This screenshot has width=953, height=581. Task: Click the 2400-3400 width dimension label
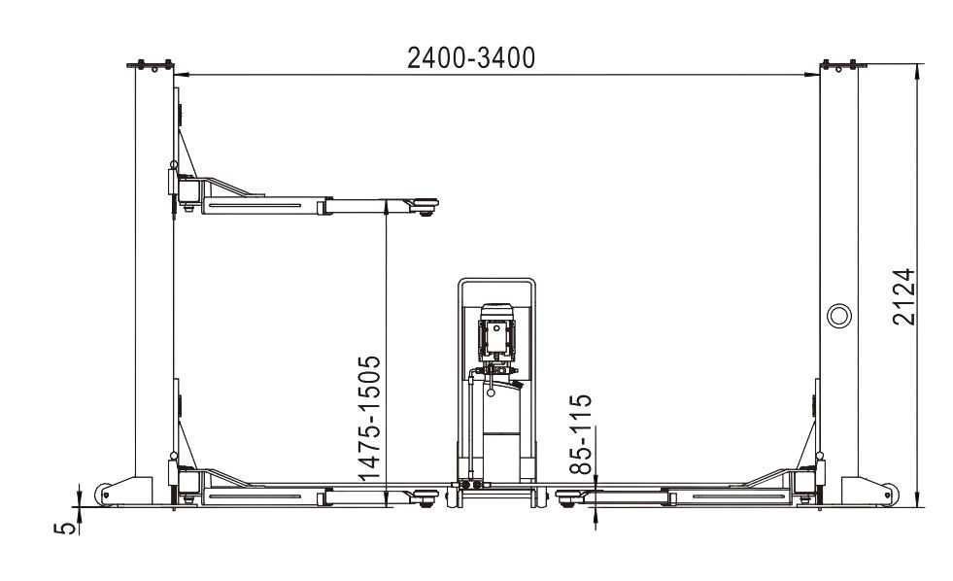(471, 57)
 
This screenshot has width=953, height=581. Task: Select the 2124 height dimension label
(903, 296)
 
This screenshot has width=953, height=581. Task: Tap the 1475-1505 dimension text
(369, 418)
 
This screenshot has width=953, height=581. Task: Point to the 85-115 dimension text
(581, 434)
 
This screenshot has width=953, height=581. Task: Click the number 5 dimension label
(67, 528)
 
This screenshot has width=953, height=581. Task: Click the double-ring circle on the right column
(838, 316)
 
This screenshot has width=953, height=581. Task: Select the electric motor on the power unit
(497, 332)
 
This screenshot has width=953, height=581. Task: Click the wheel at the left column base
(105, 494)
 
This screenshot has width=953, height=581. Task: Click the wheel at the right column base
(889, 494)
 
